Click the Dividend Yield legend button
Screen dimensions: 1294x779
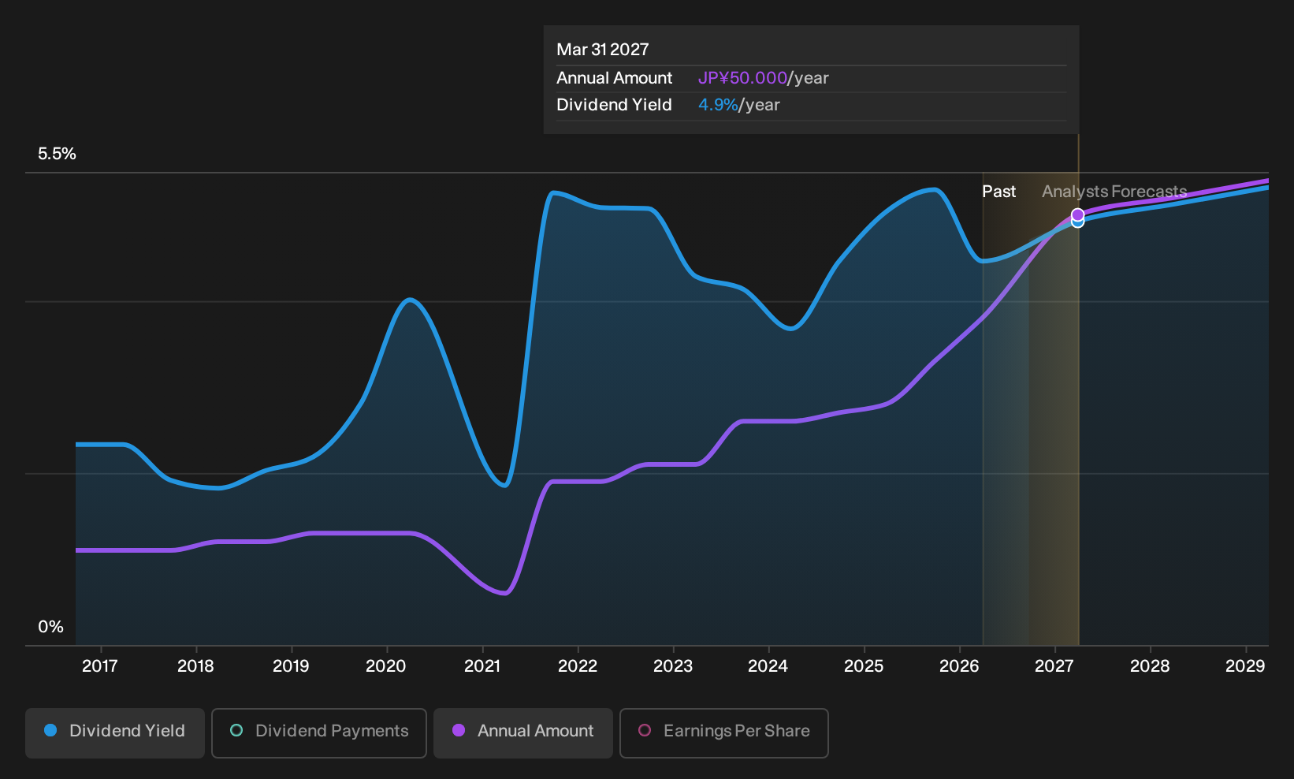(x=115, y=732)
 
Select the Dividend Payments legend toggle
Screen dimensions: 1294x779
(x=319, y=732)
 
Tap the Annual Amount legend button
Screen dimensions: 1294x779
(x=522, y=732)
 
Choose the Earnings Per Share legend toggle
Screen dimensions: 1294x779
(x=723, y=732)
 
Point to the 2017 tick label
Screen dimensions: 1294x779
(x=99, y=666)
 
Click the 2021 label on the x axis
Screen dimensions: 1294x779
(x=482, y=666)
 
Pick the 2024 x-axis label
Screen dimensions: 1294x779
(x=768, y=666)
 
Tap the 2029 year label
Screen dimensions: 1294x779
(x=1245, y=666)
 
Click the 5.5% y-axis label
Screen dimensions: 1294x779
(x=57, y=154)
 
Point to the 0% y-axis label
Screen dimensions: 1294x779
(x=51, y=627)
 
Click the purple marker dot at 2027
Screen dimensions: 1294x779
(x=1077, y=215)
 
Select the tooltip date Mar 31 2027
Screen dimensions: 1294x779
(x=603, y=50)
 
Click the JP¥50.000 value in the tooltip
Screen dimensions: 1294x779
(x=742, y=78)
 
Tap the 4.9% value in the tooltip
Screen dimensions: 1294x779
(x=718, y=105)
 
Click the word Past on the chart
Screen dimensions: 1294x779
(x=998, y=192)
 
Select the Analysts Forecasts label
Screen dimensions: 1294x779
(x=1114, y=192)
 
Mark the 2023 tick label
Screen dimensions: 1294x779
(x=673, y=666)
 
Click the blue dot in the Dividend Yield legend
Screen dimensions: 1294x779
(x=51, y=730)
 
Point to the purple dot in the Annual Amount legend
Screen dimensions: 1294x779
(x=459, y=730)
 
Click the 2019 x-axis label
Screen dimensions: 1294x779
(x=291, y=666)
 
